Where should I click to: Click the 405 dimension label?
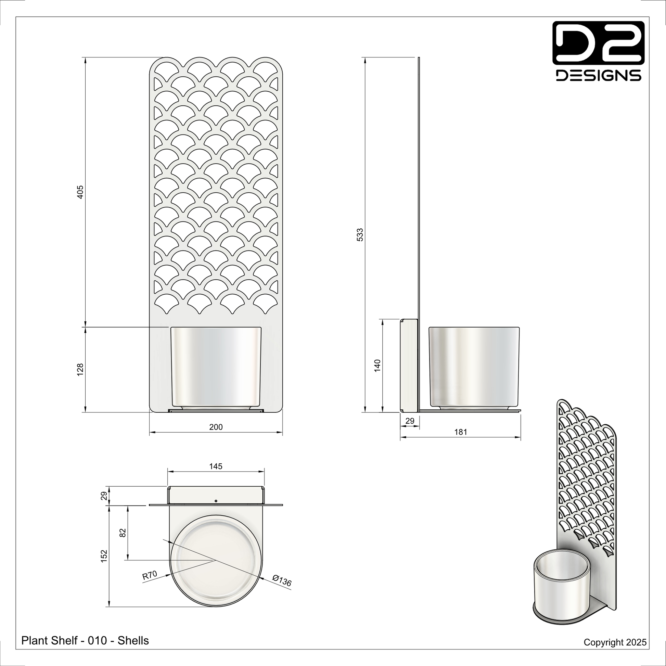80,192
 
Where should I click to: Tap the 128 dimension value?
80,370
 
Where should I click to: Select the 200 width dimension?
216,427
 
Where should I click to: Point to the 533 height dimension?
360,235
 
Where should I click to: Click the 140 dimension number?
377,366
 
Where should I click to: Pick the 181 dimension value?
461,432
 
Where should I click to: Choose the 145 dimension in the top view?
216,466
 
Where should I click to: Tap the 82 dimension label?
123,533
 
